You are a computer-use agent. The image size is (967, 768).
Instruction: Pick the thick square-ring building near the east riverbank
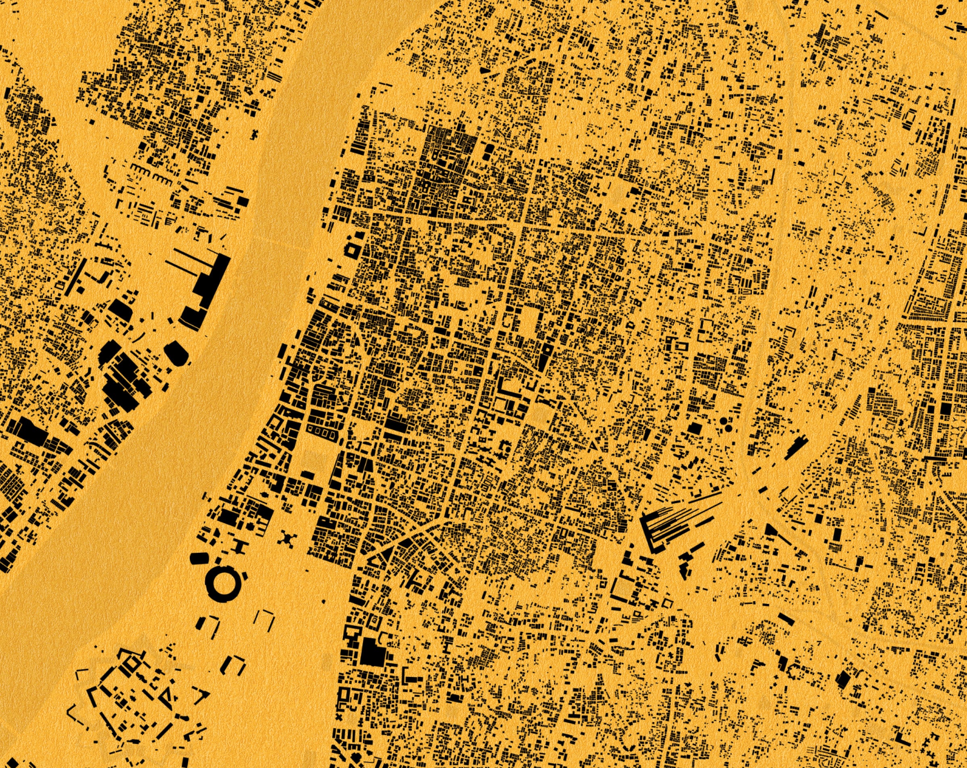coord(351,250)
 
